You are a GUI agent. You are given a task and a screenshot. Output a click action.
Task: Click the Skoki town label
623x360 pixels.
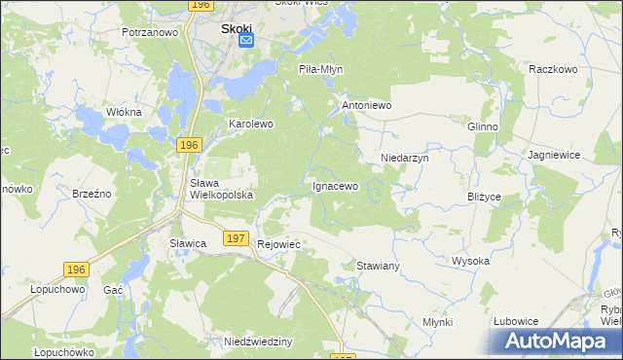[237, 28]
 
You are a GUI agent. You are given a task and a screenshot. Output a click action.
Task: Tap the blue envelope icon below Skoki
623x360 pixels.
[246, 40]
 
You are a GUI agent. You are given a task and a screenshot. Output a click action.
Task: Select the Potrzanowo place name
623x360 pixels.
[150, 32]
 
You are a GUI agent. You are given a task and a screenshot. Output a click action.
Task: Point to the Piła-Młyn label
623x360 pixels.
[320, 69]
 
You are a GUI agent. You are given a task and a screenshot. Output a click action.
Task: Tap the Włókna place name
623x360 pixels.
[124, 112]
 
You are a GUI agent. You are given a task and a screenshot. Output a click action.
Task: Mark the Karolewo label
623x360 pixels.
[251, 125]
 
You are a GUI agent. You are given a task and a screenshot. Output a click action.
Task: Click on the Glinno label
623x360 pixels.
[483, 126]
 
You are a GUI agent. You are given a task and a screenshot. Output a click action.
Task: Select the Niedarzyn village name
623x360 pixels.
[404, 156]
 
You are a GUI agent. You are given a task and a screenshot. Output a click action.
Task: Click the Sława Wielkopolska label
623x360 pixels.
[221, 189]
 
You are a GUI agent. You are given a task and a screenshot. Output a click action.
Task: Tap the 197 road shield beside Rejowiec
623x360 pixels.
[234, 238]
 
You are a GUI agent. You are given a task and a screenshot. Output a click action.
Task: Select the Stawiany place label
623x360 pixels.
[379, 265]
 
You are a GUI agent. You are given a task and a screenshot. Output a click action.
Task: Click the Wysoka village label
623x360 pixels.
[470, 261]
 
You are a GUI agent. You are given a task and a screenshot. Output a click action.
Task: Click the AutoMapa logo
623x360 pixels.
[552, 341]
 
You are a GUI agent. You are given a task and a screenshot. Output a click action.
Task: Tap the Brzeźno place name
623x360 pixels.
[93, 194]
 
